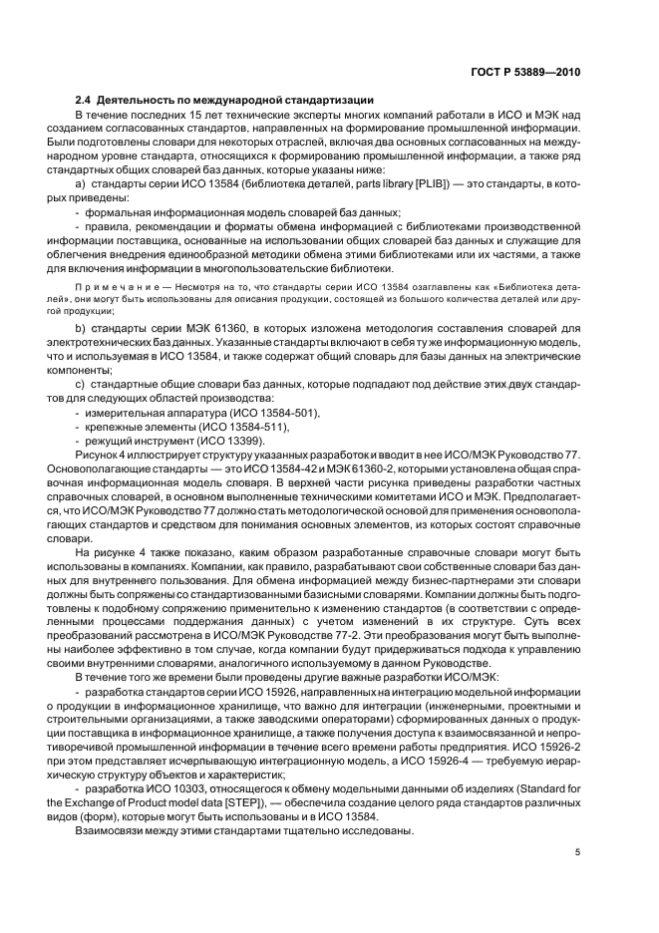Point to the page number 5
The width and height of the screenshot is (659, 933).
point(577,852)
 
